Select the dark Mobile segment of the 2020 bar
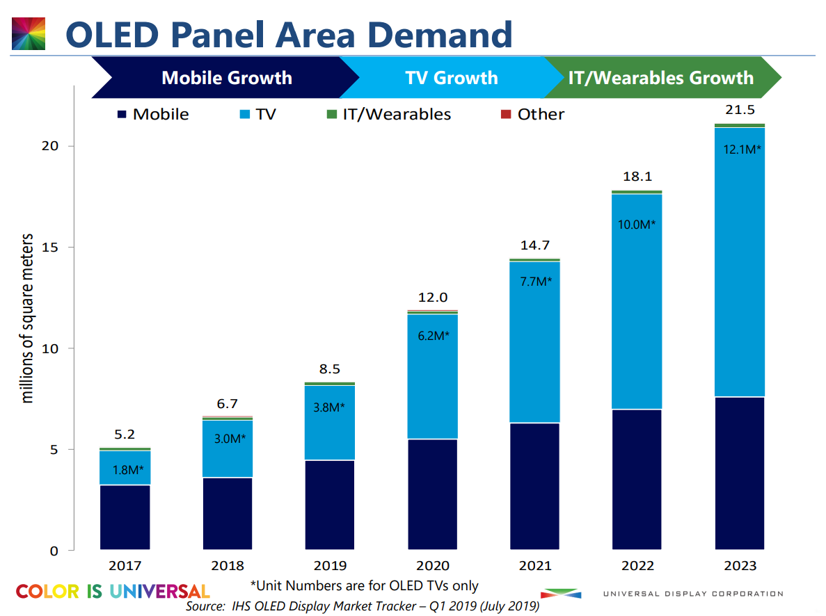tap(432, 494)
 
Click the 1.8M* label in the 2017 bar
tap(126, 470)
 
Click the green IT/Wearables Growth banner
tap(660, 78)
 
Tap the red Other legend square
tap(505, 114)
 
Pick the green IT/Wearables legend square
tap(331, 114)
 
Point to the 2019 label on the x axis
tap(330, 566)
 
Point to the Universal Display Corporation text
tap(692, 594)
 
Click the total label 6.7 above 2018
tap(227, 404)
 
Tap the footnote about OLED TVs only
tap(364, 586)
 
